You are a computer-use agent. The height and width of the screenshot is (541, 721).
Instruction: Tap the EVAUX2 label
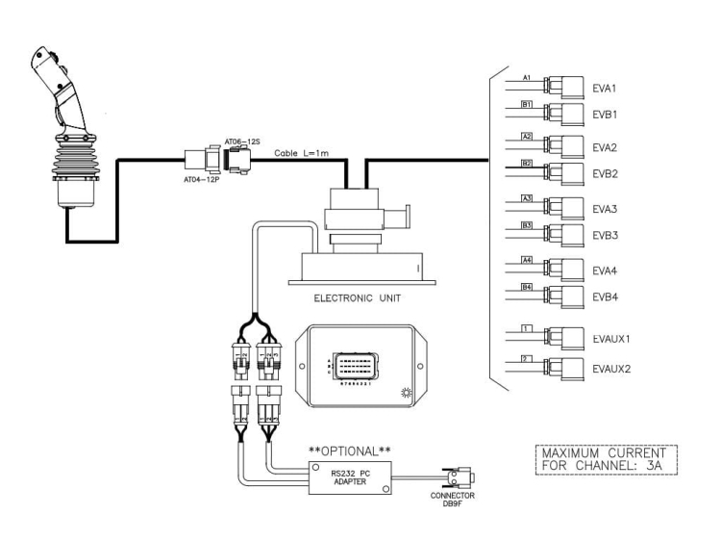[x=614, y=369]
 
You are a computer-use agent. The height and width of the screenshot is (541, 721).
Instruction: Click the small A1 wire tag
[x=526, y=76]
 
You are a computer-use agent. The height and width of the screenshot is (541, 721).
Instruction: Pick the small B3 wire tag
[x=526, y=224]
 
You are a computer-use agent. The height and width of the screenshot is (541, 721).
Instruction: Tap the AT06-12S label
[x=242, y=142]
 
